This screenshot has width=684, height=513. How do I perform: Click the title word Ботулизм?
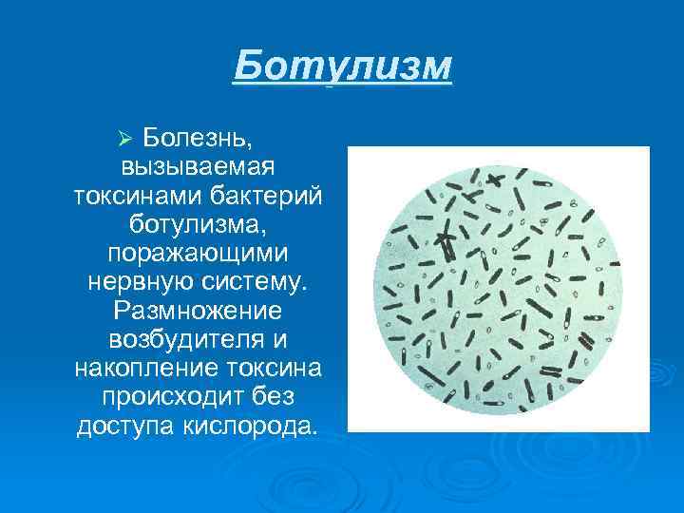click(343, 67)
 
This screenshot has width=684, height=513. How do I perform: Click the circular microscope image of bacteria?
click(499, 289)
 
